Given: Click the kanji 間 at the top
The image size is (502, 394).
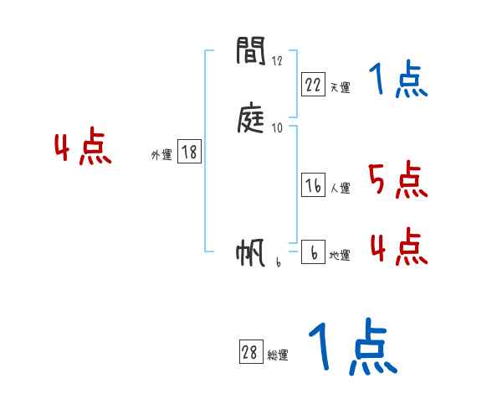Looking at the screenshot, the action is click(x=252, y=51).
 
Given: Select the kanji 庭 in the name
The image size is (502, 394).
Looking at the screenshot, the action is click(x=252, y=122).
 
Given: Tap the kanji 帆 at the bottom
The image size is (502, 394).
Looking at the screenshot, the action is click(x=252, y=253).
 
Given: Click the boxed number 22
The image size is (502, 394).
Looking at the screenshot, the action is click(x=313, y=84).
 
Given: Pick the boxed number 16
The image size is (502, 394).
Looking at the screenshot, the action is click(x=313, y=186).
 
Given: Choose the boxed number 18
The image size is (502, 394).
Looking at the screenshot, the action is click(x=189, y=152).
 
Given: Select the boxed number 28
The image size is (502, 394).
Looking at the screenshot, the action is click(x=249, y=353).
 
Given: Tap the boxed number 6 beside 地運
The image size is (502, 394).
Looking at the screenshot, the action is click(x=313, y=253).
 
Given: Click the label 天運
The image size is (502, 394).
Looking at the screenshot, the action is click(x=341, y=87).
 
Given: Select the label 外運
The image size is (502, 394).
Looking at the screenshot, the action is click(x=161, y=155).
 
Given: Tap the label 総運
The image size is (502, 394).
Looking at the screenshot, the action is click(x=278, y=356).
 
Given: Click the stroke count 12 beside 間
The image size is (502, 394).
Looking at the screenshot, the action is click(x=278, y=61).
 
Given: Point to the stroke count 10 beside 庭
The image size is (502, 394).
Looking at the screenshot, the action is click(x=278, y=128).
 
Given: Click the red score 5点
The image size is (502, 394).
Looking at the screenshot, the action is click(x=397, y=179).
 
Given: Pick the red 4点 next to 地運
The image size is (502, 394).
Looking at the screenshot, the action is click(x=398, y=246).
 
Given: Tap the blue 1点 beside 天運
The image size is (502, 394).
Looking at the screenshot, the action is click(x=398, y=80).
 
